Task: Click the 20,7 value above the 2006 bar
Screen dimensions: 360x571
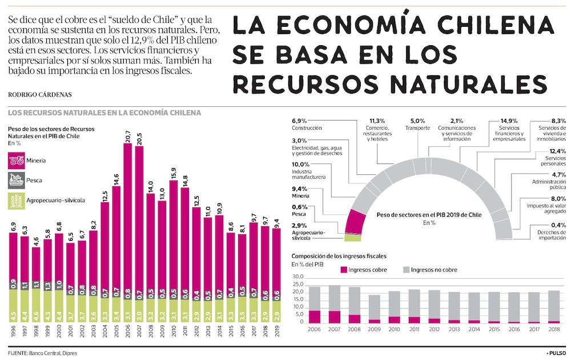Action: click(x=127, y=137)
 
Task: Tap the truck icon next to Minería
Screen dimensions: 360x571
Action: click(x=16, y=161)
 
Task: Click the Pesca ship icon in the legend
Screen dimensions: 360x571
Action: click(x=16, y=181)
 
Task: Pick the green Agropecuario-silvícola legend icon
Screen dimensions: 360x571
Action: click(x=16, y=200)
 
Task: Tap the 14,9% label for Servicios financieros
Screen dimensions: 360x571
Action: click(x=509, y=121)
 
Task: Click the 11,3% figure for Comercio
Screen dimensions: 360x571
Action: click(x=377, y=121)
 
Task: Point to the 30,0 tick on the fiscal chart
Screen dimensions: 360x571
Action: click(x=297, y=277)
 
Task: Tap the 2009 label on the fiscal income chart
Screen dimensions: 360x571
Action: click(x=373, y=329)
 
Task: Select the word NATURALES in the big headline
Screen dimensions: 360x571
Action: click(x=466, y=83)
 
